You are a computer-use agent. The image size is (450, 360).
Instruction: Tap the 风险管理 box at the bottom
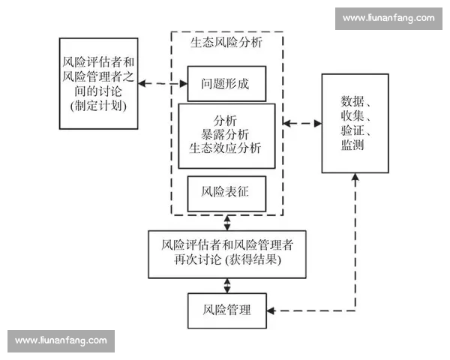(x=226, y=309)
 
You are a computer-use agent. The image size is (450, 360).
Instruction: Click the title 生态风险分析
(x=226, y=43)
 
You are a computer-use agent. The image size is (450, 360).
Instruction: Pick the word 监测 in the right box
(x=352, y=145)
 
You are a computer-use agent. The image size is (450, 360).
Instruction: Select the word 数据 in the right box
(x=352, y=101)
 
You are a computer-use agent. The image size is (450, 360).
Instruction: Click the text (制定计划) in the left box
(x=97, y=105)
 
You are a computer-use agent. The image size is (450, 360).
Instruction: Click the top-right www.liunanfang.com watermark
(x=388, y=17)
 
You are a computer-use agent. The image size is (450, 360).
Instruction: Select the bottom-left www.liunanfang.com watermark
(x=61, y=340)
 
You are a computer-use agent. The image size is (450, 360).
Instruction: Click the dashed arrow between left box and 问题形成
(x=162, y=84)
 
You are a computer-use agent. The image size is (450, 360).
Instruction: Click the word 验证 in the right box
(x=352, y=130)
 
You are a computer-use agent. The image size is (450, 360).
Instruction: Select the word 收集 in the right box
(x=352, y=116)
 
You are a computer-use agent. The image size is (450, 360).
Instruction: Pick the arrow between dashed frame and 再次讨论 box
(x=226, y=222)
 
